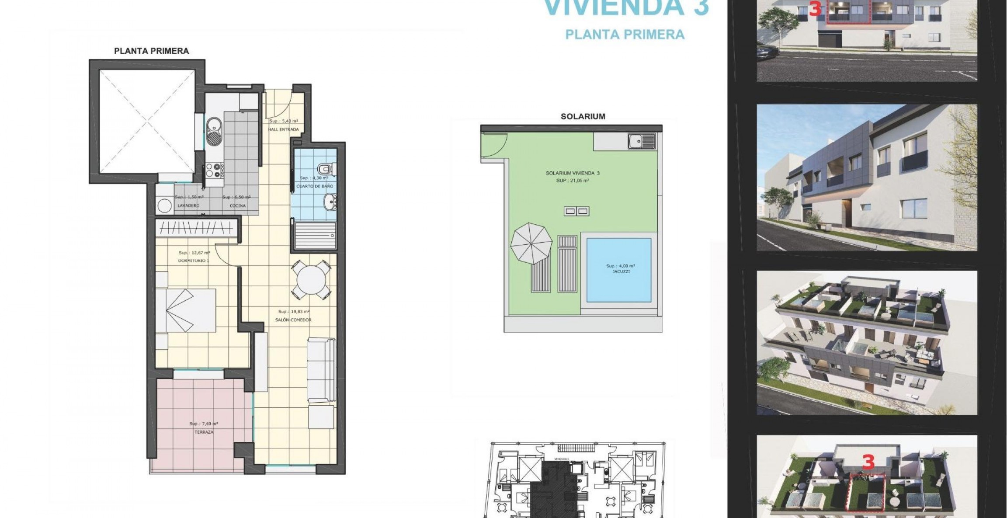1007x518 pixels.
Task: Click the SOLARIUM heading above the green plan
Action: tap(583, 116)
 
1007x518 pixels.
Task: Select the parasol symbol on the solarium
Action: tap(531, 243)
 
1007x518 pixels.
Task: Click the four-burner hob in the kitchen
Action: tap(215, 170)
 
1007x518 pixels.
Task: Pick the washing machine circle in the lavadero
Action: tap(164, 206)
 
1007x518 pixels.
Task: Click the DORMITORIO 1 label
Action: tap(194, 261)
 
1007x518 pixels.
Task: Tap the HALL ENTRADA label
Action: tap(284, 129)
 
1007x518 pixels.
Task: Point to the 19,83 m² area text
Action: tap(294, 312)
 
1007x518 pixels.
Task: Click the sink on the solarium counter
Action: tap(642, 141)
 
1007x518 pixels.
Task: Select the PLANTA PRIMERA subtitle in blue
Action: tap(625, 35)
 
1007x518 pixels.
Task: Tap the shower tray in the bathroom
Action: tap(316, 236)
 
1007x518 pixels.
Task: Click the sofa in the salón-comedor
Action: tap(321, 370)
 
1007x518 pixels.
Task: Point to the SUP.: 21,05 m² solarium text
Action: tap(573, 180)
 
